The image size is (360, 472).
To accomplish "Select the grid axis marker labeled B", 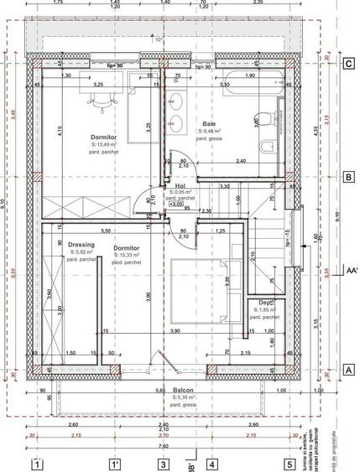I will [x=347, y=177].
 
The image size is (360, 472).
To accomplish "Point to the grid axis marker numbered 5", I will [x=289, y=462].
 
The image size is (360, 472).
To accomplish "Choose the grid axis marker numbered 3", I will [x=164, y=462].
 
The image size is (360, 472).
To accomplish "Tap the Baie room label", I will [x=209, y=122].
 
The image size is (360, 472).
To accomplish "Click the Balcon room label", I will [x=184, y=391].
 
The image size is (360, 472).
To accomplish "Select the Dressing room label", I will [x=82, y=246].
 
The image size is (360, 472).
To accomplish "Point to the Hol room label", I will [x=180, y=187].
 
